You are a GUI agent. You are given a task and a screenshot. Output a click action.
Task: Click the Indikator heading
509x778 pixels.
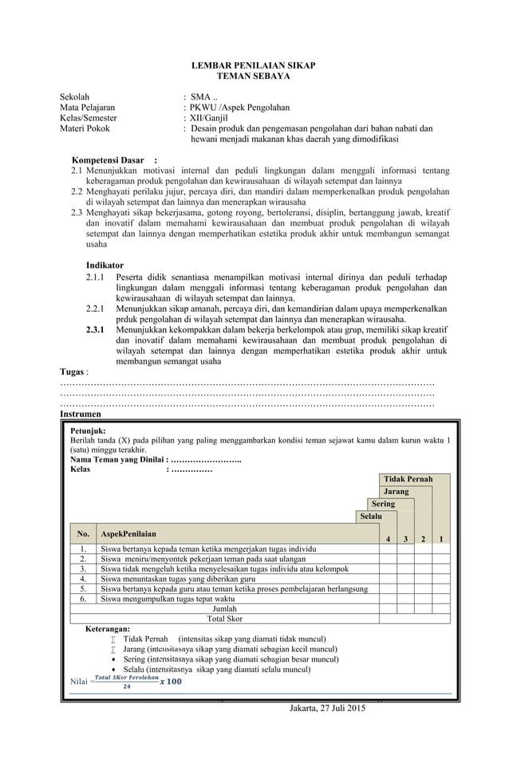tap(105, 265)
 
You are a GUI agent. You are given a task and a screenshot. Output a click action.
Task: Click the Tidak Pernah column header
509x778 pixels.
tap(408, 479)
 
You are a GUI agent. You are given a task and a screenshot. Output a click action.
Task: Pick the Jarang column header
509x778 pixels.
tap(396, 492)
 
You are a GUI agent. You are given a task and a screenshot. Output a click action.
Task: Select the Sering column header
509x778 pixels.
tap(382, 505)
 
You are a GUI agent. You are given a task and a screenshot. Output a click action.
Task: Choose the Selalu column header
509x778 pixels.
tap(369, 518)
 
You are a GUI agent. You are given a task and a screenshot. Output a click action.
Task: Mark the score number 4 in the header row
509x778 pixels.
tap(388, 540)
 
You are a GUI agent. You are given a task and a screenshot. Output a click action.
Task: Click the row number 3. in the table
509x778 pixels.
tap(83, 569)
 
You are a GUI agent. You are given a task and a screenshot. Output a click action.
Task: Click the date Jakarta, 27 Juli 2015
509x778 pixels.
tap(328, 707)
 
